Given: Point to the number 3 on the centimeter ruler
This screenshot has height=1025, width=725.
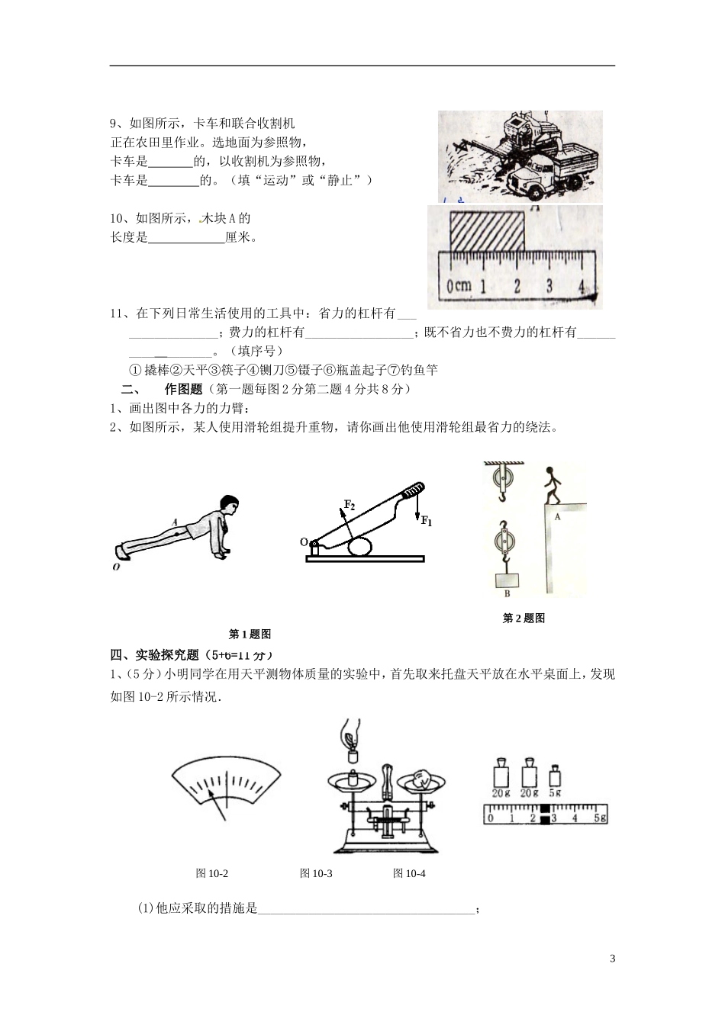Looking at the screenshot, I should [x=549, y=287].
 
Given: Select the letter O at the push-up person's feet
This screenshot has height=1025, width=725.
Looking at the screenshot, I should [x=117, y=567].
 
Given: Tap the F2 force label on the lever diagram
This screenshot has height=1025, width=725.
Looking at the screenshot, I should [x=349, y=505].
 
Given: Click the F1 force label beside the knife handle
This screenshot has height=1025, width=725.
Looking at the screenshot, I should [x=426, y=522].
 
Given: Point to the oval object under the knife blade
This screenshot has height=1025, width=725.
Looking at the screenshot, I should [x=360, y=547].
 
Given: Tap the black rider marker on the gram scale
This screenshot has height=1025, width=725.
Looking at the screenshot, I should [x=545, y=814].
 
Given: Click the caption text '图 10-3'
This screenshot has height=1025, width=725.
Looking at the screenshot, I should [x=316, y=873].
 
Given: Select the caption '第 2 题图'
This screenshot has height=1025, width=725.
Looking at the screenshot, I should [x=524, y=619].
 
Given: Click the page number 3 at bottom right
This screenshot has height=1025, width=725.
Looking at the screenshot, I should [x=612, y=959].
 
